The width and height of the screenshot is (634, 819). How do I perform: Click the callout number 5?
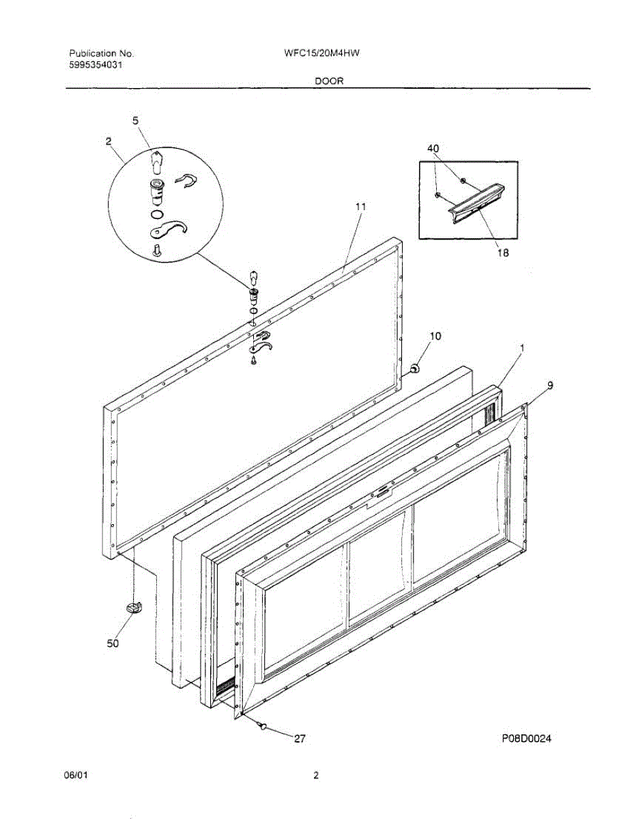(135, 120)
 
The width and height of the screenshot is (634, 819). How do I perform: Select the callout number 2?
(109, 141)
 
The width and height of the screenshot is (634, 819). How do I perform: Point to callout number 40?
(433, 148)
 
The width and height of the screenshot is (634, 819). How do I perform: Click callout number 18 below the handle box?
(502, 251)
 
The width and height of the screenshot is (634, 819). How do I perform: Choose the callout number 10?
(435, 336)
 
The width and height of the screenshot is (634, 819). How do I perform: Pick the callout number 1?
(522, 348)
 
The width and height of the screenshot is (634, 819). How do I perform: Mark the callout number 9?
(550, 385)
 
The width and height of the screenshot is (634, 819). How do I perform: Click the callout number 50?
(113, 643)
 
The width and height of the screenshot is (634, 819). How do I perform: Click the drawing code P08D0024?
(525, 738)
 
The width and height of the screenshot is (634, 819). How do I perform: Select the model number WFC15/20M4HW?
(321, 53)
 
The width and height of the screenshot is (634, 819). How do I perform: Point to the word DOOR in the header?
(329, 81)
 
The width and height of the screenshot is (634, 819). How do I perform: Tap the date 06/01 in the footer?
(76, 775)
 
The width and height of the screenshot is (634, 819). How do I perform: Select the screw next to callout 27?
(262, 728)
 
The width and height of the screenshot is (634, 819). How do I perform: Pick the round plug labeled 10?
(414, 369)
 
